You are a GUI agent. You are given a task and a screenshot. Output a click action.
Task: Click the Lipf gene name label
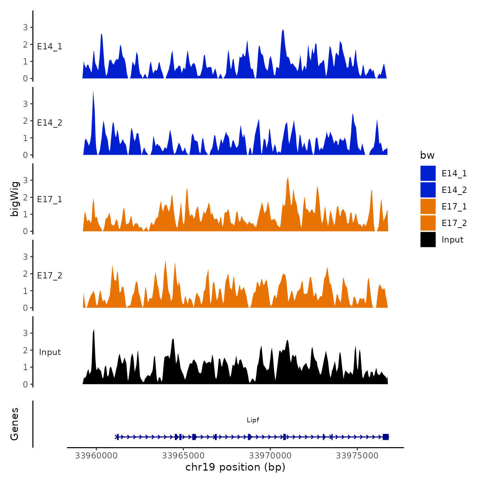tap(253, 420)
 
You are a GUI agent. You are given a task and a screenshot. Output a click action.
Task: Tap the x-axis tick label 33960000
tap(96, 456)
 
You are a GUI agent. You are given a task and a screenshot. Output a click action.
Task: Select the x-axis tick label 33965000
tap(183, 456)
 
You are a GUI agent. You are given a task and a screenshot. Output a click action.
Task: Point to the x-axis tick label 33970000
tap(270, 456)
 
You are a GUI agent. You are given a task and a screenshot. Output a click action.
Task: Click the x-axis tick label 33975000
tap(357, 456)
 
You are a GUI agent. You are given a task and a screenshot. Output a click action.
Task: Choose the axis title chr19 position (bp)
tap(235, 467)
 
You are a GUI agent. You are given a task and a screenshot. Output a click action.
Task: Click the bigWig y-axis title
tap(15, 199)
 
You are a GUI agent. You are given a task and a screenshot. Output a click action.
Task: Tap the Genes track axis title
tap(14, 424)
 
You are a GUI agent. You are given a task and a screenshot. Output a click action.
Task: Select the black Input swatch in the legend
tap(428, 239)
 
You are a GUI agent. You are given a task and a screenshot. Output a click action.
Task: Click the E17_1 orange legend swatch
tap(428, 206)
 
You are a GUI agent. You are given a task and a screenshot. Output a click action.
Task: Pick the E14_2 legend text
tap(454, 190)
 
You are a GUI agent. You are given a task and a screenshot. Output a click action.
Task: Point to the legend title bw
tap(427, 155)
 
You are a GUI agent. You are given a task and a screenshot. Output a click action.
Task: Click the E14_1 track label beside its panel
tap(50, 47)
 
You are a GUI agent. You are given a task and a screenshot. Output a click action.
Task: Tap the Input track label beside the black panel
tap(50, 352)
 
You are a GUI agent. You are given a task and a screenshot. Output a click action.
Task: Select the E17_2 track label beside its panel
tap(50, 276)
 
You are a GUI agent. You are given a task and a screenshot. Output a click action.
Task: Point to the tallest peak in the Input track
tap(93, 331)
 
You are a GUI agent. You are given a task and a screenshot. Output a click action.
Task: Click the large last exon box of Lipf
tap(386, 437)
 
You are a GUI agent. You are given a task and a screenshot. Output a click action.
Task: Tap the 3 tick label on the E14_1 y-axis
tap(25, 28)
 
